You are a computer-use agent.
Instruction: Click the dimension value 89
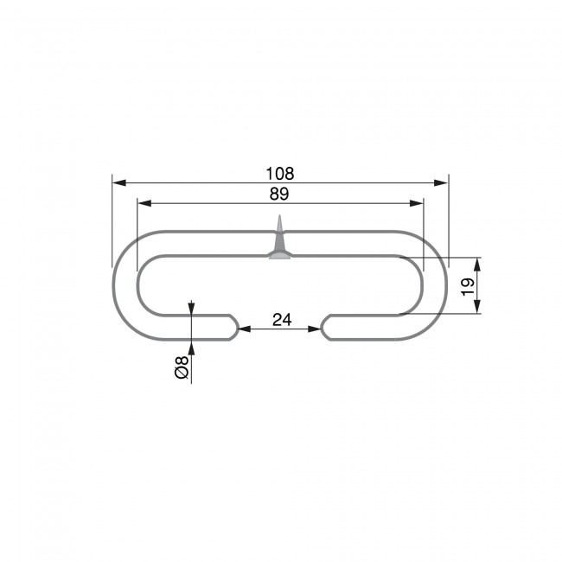point(279,194)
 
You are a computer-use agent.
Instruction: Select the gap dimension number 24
point(281,320)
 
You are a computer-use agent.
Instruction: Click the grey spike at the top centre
point(280,239)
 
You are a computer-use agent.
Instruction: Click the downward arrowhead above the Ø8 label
point(191,309)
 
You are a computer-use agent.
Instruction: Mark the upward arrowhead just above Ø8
point(191,348)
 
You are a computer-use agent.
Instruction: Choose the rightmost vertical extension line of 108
point(450,216)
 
